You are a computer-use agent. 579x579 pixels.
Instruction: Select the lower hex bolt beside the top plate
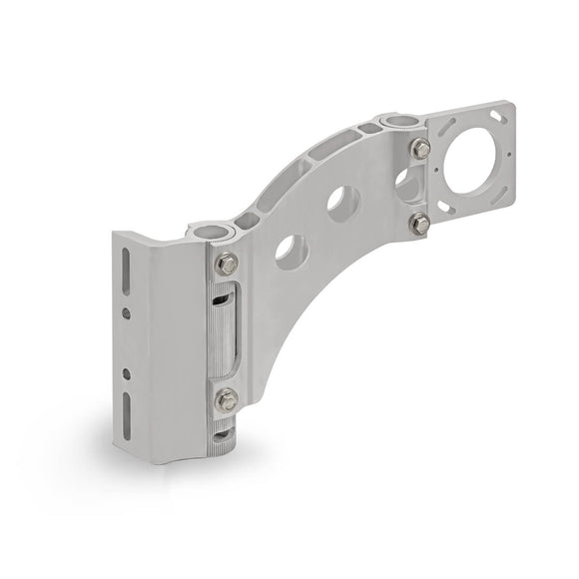click(x=421, y=221)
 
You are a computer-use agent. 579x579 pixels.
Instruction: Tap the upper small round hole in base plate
click(x=126, y=312)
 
